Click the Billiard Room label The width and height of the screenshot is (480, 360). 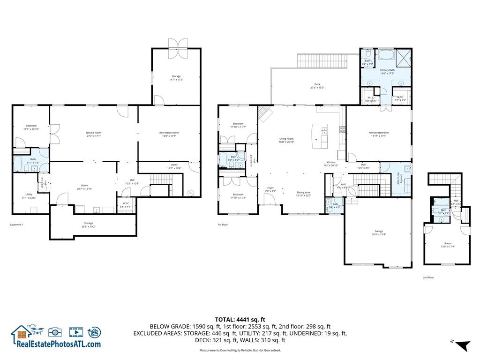[94, 134]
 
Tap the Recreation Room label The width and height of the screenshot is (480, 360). [169, 134]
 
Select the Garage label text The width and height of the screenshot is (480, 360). [379, 232]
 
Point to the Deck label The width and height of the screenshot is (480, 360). [317, 86]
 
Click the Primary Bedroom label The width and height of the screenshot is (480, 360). [379, 134]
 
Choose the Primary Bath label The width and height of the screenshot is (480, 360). [387, 71]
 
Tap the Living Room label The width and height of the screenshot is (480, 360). [286, 140]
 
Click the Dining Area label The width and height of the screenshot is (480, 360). [304, 194]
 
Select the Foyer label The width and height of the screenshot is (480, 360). [270, 189]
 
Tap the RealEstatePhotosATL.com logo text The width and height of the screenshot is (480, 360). [59, 344]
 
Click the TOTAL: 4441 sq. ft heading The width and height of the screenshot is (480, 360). [240, 319]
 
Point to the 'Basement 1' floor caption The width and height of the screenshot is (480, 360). [16, 225]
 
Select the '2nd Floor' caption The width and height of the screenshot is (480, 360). [428, 277]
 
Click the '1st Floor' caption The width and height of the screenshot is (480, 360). [223, 225]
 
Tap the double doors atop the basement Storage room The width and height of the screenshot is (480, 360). [176, 43]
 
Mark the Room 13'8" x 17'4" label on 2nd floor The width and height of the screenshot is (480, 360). [448, 245]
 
